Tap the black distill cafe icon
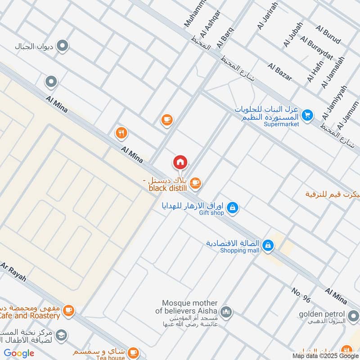[195, 182]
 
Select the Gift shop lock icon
[233, 207]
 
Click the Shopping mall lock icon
[268, 245]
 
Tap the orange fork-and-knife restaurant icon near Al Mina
[121, 133]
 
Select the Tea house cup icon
[133, 352]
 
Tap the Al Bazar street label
[280, 72]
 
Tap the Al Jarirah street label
[267, 16]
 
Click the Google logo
[19, 353]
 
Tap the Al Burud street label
[328, 35]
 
